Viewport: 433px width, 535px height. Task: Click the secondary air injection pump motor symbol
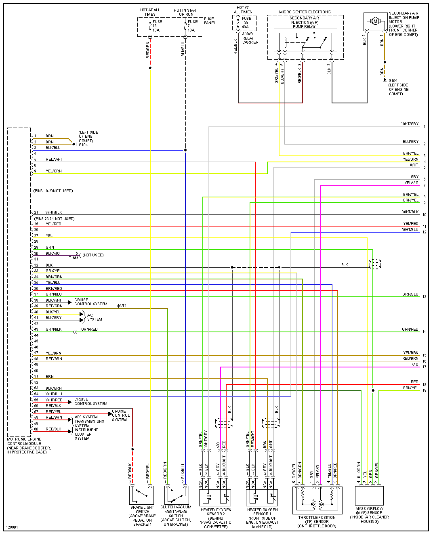(375, 21)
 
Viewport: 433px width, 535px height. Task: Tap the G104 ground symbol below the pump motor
(385, 81)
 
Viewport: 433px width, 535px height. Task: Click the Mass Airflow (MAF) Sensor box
(369, 495)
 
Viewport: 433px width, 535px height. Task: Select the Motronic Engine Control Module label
(29, 445)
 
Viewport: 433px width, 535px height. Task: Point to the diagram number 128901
(12, 527)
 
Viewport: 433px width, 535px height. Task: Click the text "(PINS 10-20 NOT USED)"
(53, 191)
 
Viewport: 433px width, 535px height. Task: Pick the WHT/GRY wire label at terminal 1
(410, 124)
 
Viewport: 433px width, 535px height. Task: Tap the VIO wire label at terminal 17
(415, 364)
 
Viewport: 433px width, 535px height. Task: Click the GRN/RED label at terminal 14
(410, 329)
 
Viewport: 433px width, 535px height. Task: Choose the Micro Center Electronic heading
(305, 12)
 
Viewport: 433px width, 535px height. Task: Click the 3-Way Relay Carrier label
(250, 38)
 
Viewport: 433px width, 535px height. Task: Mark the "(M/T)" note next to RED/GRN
(122, 306)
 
